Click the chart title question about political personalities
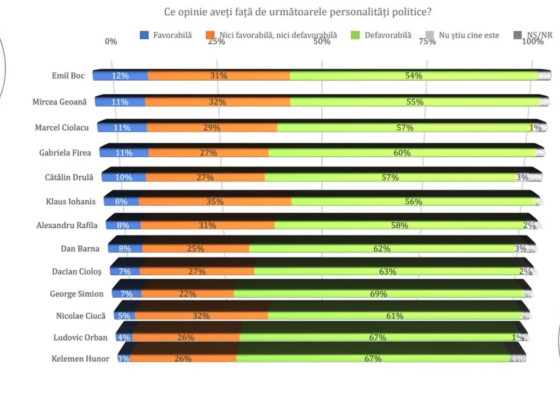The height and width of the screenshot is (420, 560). (298, 12)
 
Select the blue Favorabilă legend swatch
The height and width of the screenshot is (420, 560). (145, 35)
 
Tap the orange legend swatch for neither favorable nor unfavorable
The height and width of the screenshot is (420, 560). (210, 35)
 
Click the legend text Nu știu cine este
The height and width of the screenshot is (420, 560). (469, 35)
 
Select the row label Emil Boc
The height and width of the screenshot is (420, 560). (68, 75)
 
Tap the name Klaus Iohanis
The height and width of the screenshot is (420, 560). (70, 202)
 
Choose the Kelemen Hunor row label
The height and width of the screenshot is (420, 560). (80, 359)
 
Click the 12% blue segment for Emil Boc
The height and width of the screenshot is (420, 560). (120, 76)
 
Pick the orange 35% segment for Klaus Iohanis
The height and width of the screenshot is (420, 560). (215, 202)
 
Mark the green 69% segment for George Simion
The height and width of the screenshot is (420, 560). (378, 294)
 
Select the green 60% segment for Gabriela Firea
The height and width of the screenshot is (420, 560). (401, 153)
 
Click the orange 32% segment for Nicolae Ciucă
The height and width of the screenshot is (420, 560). (201, 316)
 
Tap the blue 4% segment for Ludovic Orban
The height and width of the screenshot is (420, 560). (125, 337)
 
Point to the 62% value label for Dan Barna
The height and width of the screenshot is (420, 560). (382, 249)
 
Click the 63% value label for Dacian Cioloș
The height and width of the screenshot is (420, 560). (387, 271)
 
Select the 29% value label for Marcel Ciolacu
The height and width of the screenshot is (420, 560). (211, 127)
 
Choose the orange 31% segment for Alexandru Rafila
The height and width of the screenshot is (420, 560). (207, 225)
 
